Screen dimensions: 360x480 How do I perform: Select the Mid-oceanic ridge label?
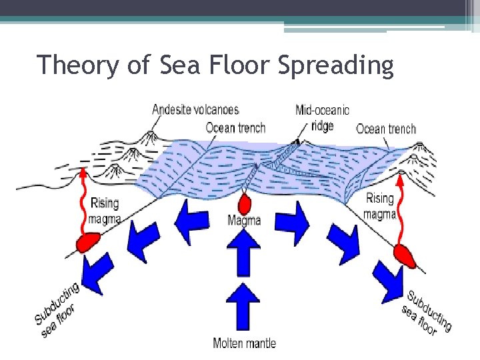coord(322,117)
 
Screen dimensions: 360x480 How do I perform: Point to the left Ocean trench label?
coord(235,127)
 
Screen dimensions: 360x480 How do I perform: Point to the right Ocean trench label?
coord(386,129)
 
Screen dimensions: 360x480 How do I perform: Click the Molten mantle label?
coord(244,343)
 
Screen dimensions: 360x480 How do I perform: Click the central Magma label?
coord(244,220)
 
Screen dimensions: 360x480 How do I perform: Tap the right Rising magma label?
coord(380,206)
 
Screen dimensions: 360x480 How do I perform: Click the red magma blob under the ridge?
coord(244,203)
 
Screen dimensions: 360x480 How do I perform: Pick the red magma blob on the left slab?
coord(87,242)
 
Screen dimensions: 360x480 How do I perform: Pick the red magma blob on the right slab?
coord(404,254)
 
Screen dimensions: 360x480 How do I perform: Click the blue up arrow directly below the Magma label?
coord(244,253)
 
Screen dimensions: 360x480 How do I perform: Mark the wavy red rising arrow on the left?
coord(84,200)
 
